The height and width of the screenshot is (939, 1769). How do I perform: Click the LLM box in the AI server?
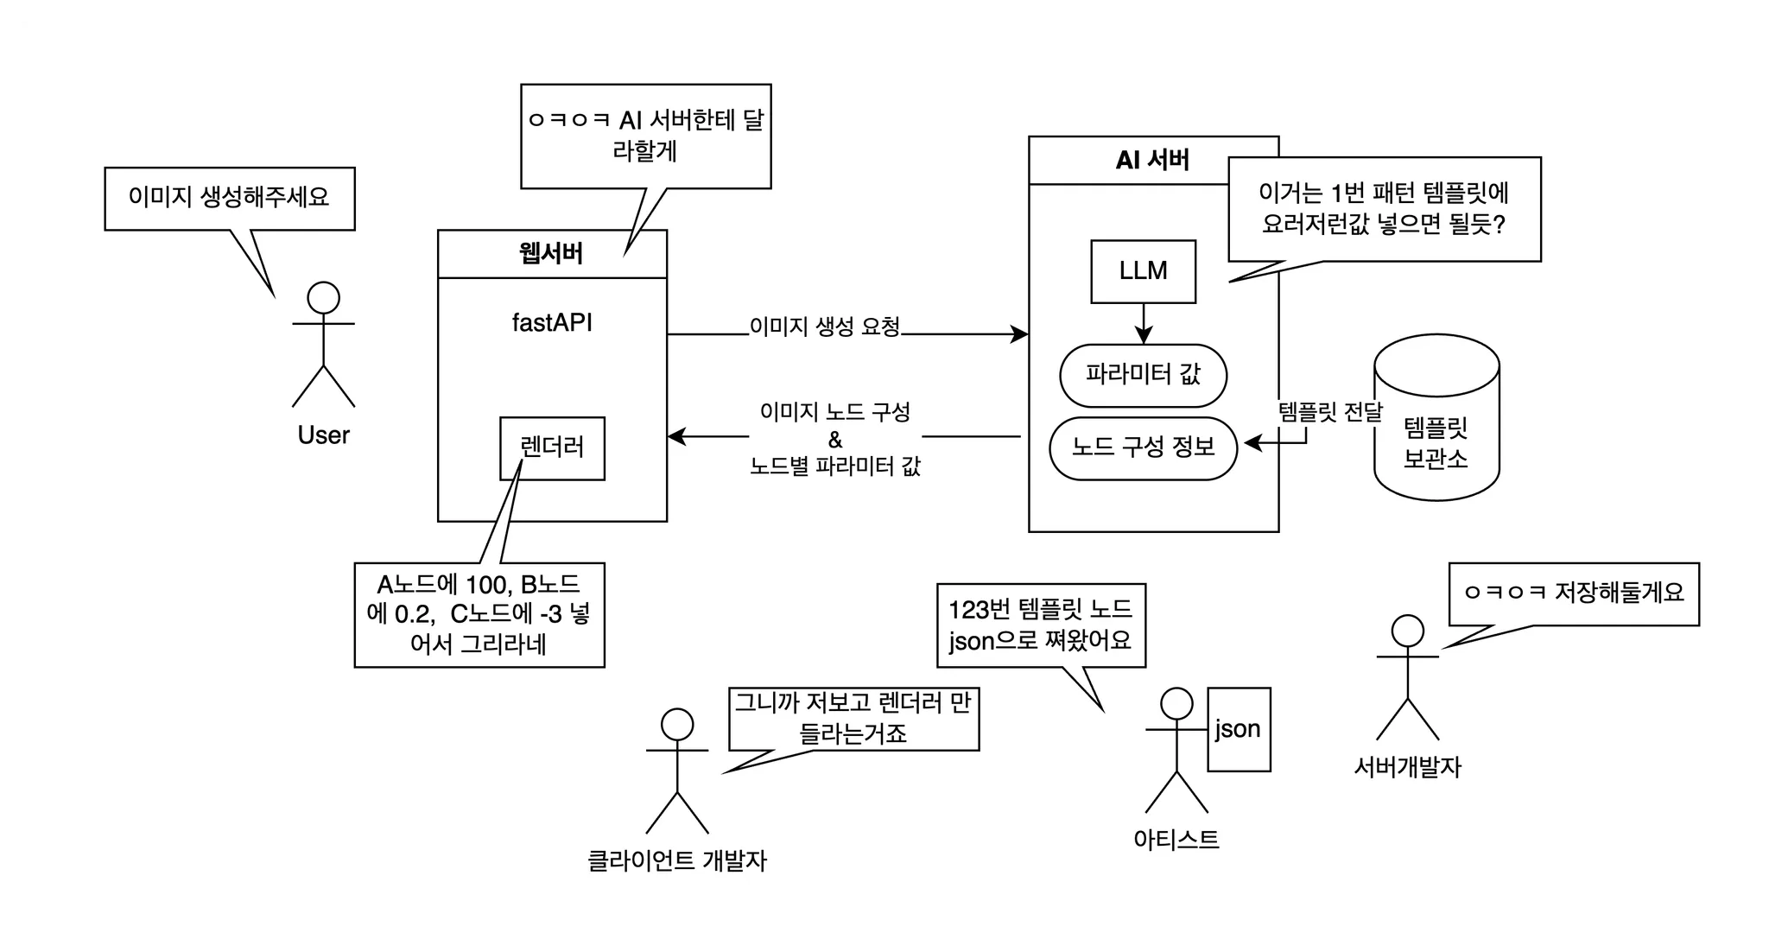pyautogui.click(x=1143, y=271)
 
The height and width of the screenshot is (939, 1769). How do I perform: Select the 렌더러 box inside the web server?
pyautogui.click(x=552, y=447)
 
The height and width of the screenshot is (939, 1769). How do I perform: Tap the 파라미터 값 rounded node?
pyautogui.click(x=1143, y=375)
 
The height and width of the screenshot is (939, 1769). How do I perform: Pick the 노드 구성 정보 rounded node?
pyautogui.click(x=1143, y=447)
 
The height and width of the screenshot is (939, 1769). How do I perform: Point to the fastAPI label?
pyautogui.click(x=552, y=323)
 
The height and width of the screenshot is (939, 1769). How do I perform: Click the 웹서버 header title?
pyautogui.click(x=552, y=253)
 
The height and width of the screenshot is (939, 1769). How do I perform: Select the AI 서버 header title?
pyautogui.click(x=1152, y=160)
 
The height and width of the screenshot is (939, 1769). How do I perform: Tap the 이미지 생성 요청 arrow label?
pyautogui.click(x=825, y=327)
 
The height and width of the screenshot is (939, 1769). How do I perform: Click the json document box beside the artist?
pyautogui.click(x=1238, y=729)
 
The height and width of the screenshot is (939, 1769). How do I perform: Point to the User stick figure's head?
pyautogui.click(x=323, y=297)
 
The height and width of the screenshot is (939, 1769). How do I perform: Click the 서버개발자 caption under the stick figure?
pyautogui.click(x=1408, y=766)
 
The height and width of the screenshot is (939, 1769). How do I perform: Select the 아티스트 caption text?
pyautogui.click(x=1176, y=838)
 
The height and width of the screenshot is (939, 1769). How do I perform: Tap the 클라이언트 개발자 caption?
pyautogui.click(x=676, y=860)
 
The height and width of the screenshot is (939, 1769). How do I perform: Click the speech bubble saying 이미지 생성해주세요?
pyautogui.click(x=229, y=198)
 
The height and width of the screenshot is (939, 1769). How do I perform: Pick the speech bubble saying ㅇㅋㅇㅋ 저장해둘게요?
pyautogui.click(x=1574, y=593)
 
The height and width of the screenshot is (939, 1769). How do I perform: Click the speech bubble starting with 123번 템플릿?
pyautogui.click(x=1041, y=625)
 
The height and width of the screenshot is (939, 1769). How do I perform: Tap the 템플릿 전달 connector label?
pyautogui.click(x=1329, y=413)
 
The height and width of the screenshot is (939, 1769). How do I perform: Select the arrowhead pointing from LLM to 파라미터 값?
pyautogui.click(x=1144, y=336)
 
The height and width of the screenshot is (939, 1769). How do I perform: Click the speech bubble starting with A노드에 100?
pyautogui.click(x=479, y=615)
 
